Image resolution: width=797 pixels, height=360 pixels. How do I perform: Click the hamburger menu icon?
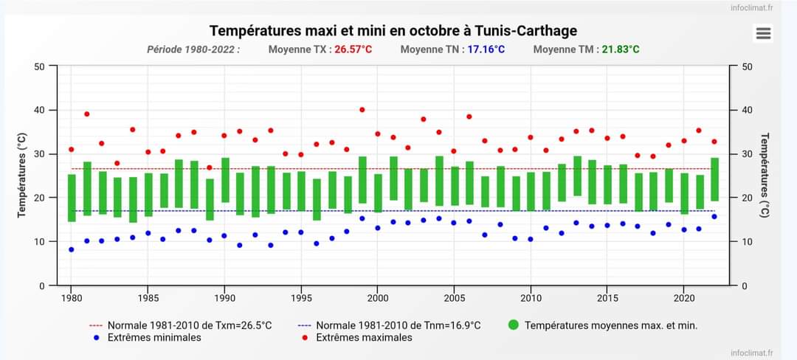[x=763, y=33]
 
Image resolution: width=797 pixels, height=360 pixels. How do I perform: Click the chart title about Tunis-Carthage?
[x=393, y=30]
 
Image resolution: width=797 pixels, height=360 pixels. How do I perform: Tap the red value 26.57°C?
[x=353, y=49]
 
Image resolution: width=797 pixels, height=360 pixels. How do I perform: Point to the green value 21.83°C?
[x=621, y=49]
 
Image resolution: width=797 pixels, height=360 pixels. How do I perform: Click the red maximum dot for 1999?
[x=362, y=110]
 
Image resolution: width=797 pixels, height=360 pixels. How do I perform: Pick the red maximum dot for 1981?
[x=86, y=114]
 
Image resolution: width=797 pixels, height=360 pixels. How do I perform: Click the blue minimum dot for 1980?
[x=72, y=249]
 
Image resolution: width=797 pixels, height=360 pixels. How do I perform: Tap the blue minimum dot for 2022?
[x=714, y=216]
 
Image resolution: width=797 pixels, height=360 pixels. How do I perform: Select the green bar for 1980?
[x=72, y=198]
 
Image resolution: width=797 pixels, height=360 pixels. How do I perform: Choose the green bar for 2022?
[x=714, y=179]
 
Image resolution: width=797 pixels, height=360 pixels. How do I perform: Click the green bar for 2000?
[x=378, y=193]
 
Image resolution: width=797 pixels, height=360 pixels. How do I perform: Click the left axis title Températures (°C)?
[x=21, y=175]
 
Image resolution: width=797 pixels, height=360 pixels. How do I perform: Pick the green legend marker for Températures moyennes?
[x=514, y=325]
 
